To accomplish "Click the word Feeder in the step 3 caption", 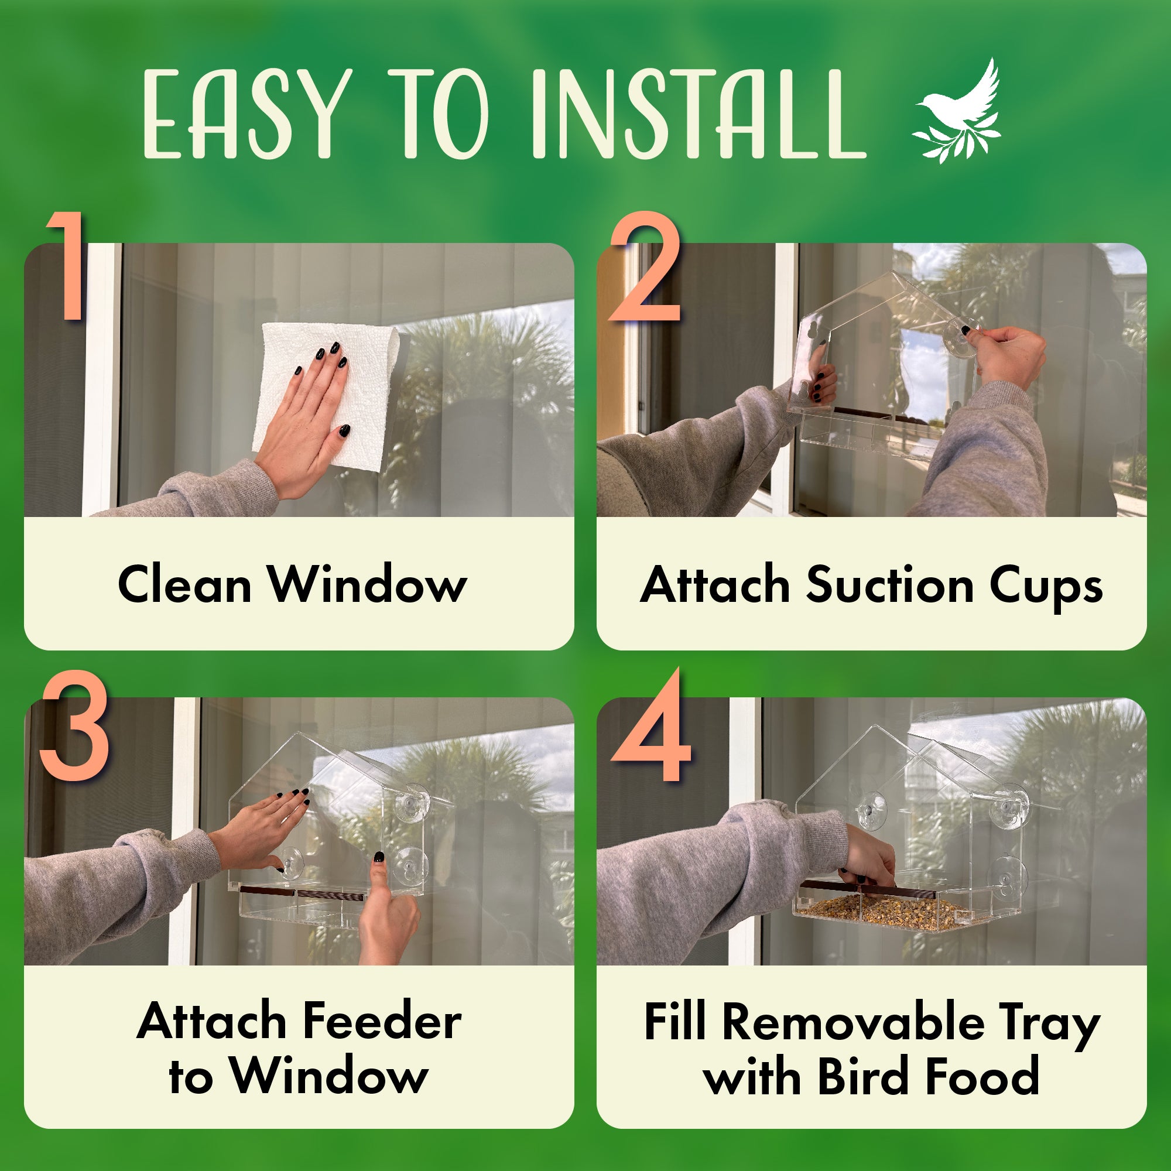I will click(382, 1021).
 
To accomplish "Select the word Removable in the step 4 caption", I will click(854, 1022).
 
